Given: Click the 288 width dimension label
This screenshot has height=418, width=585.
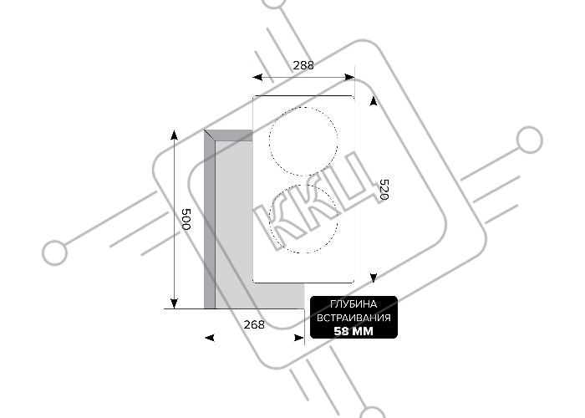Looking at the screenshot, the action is [x=303, y=65].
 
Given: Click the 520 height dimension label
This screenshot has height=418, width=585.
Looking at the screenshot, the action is [x=384, y=190].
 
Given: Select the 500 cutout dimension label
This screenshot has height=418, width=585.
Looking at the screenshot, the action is [x=186, y=219].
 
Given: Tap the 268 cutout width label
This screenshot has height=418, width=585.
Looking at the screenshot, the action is [x=254, y=324].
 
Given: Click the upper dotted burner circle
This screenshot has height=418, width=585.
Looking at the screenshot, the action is [x=269, y=141].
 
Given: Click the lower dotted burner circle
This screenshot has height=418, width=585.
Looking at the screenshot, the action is [x=269, y=219].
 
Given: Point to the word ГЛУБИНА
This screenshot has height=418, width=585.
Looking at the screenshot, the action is [x=354, y=304].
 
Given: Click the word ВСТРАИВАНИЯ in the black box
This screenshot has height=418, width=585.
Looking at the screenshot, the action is [x=354, y=318].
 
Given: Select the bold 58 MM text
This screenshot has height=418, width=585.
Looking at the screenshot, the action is [x=354, y=331].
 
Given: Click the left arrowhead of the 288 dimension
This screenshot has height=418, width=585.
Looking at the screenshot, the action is [x=257, y=77].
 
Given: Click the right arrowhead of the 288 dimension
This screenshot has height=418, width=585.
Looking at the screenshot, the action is [x=349, y=77].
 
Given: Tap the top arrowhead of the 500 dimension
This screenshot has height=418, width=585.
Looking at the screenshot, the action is [x=174, y=135].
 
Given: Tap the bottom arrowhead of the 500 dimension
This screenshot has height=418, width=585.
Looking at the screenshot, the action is [x=174, y=303].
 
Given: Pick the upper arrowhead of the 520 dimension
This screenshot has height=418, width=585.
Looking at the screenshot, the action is [x=374, y=101].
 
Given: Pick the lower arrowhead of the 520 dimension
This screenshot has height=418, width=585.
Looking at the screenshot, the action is [x=374, y=278].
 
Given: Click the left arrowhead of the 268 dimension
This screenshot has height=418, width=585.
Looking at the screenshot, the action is [x=210, y=338].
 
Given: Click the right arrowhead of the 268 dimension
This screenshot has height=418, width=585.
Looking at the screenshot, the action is [x=299, y=338].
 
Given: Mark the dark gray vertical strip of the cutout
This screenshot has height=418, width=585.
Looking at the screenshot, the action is [x=209, y=220].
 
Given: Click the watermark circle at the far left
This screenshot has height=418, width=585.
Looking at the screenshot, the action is [x=55, y=252].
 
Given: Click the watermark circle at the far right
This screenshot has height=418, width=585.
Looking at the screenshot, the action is [x=529, y=140].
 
